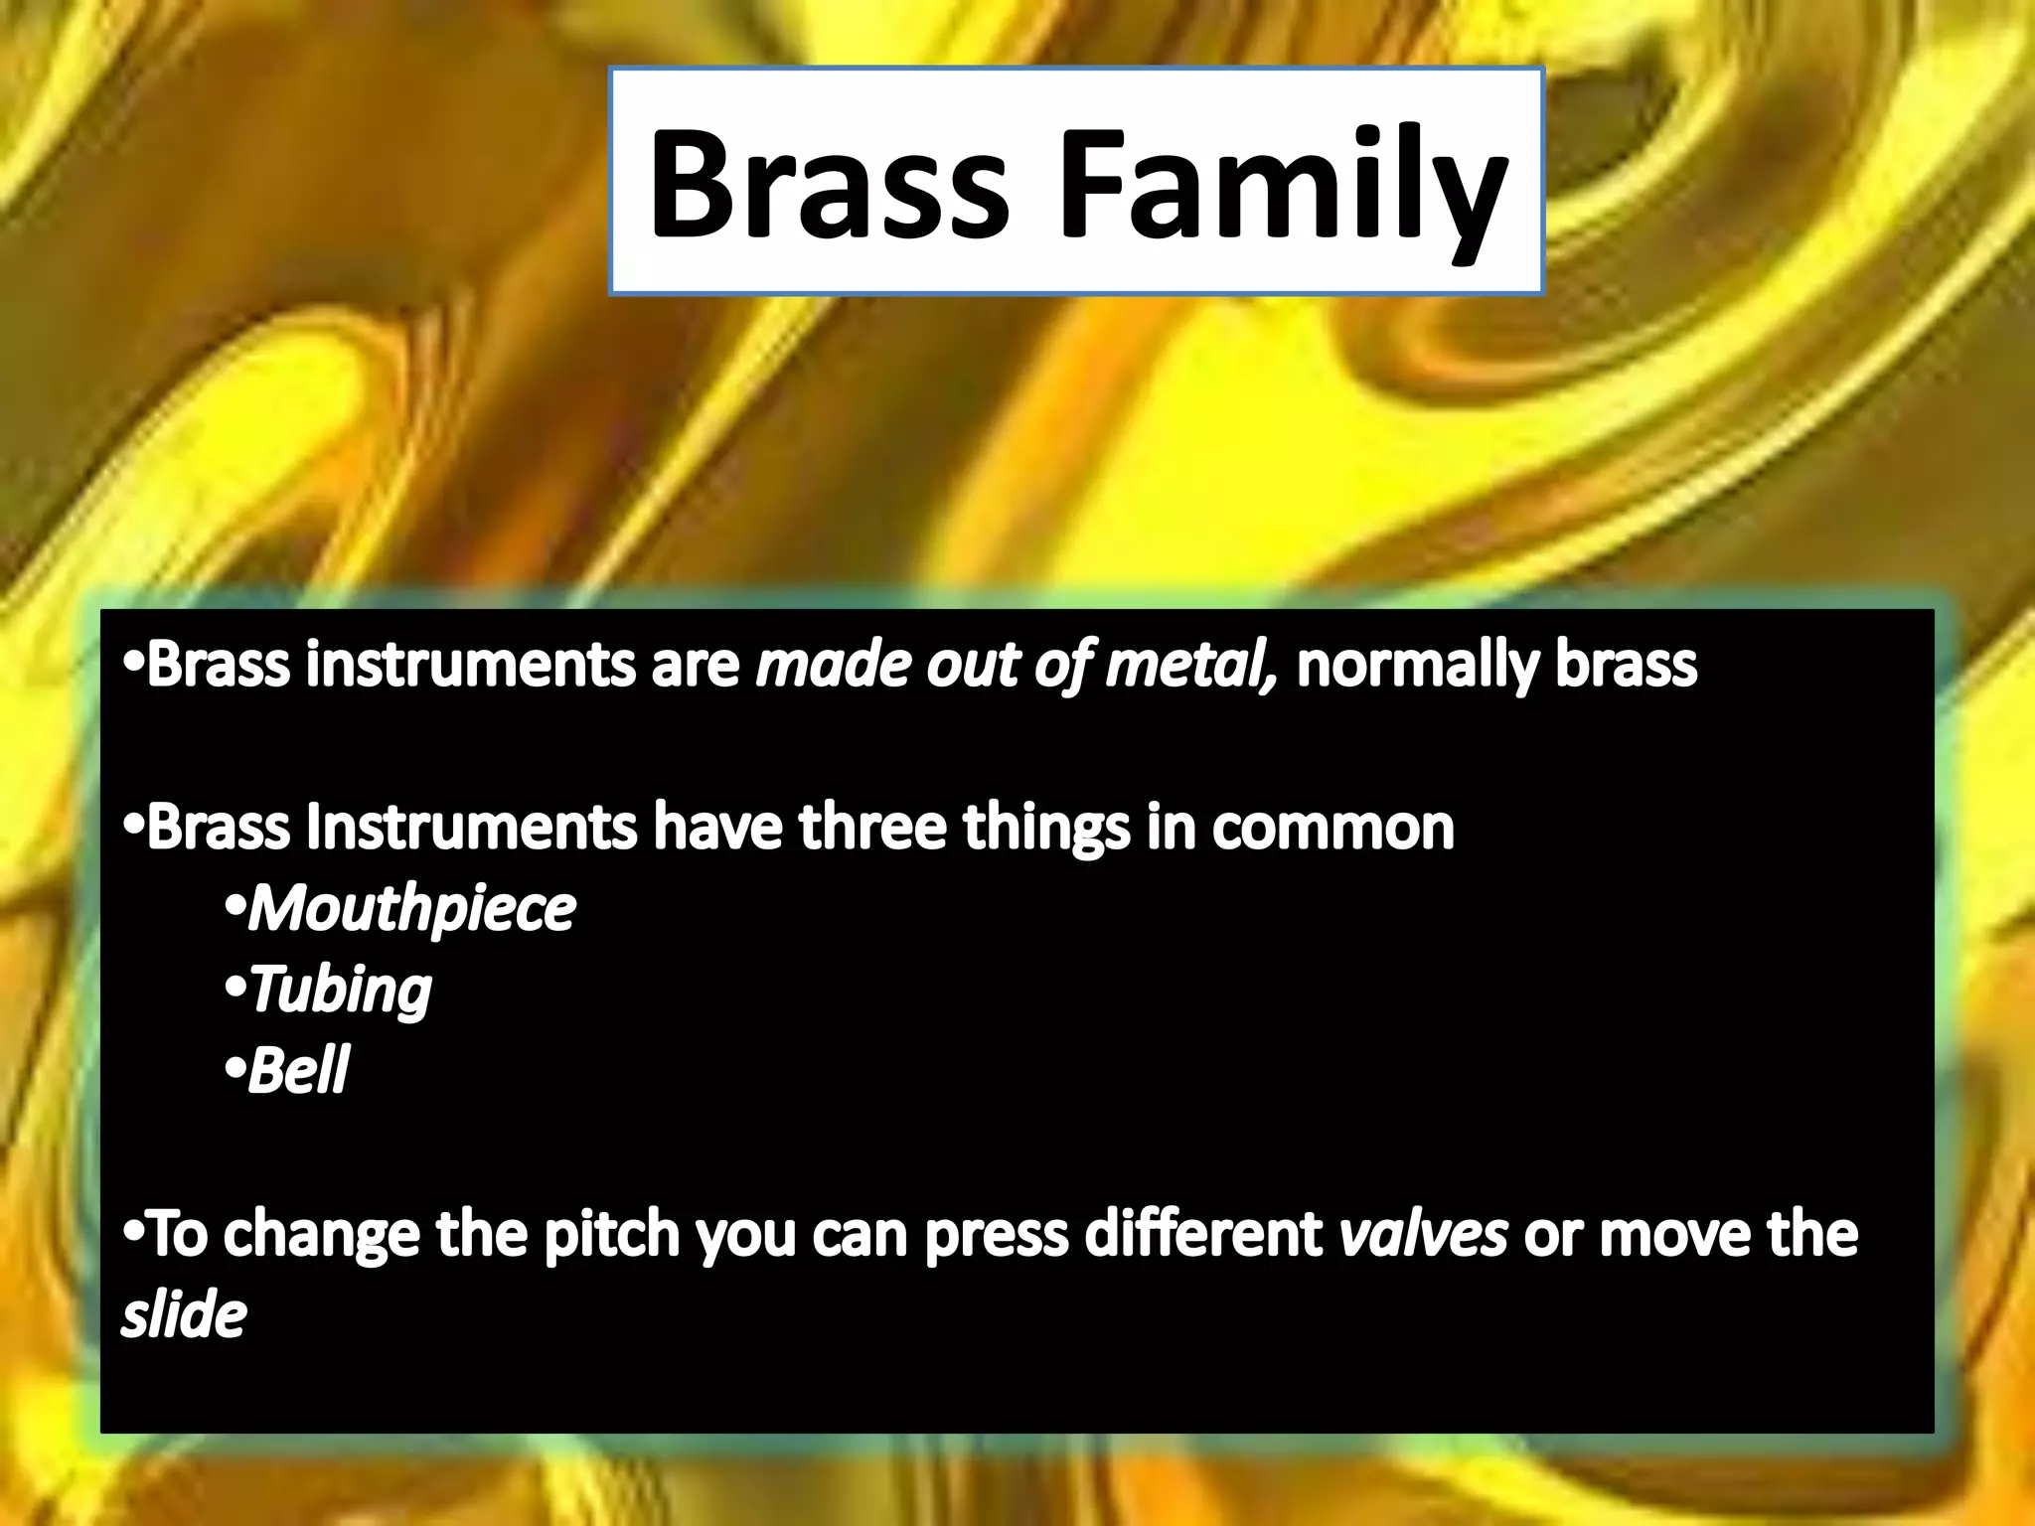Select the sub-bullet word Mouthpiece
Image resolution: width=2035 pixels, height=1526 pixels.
411,910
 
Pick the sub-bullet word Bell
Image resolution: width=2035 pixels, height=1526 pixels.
298,1071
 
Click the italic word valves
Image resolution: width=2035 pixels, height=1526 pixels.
1423,1234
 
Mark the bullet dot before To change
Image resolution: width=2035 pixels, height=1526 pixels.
133,1234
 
